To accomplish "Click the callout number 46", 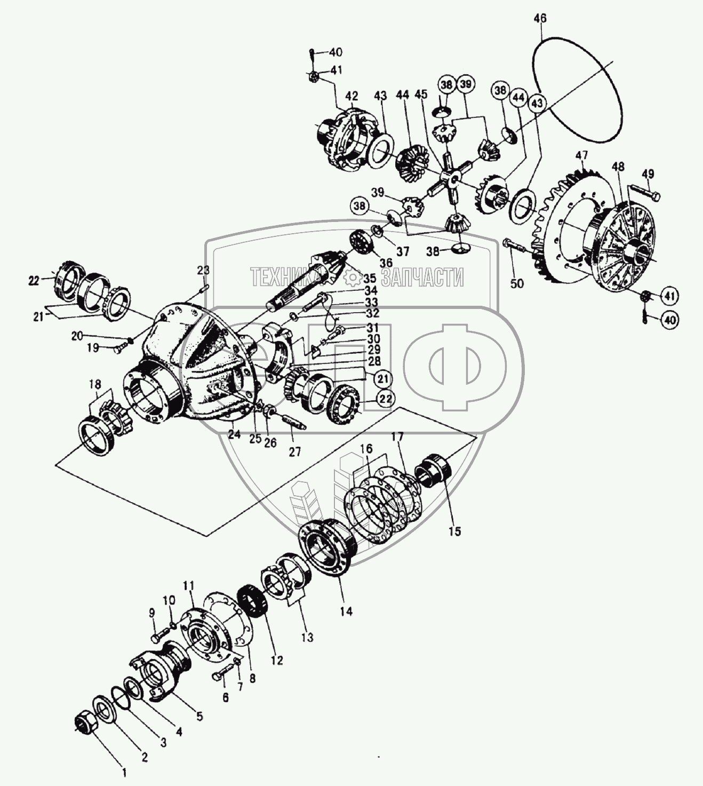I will point(540,19).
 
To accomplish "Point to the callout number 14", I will point(346,611).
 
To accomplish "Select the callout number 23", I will point(203,271).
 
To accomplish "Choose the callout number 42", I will point(351,96).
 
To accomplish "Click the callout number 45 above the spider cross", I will point(421,94).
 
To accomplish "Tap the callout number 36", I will point(386,263).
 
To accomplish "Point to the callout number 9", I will point(151,612).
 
